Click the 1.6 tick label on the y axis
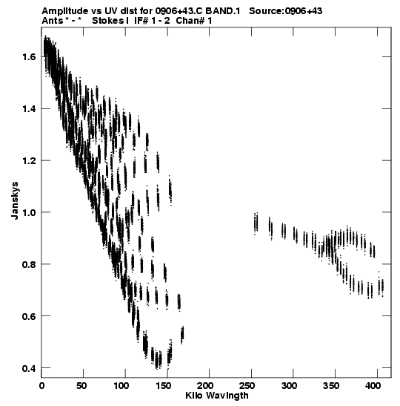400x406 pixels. tap(29, 56)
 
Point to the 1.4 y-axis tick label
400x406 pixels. tap(29, 109)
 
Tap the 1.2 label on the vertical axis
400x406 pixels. tap(29, 160)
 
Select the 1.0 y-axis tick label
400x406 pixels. tap(29, 212)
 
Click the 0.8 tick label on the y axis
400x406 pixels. tap(29, 264)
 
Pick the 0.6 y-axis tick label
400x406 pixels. tap(29, 316)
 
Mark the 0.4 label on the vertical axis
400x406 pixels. tap(29, 368)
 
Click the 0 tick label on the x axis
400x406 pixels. tap(41, 386)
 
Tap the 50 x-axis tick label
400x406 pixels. tap(81, 386)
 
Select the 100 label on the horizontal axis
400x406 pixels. tap(121, 386)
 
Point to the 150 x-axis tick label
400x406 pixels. tap(163, 386)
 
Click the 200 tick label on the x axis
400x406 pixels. tap(205, 386)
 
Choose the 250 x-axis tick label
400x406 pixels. tap(247, 386)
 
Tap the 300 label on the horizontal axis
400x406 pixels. tap(290, 386)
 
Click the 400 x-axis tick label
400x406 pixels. tap(373, 386)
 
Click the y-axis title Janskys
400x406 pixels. tap(15, 200)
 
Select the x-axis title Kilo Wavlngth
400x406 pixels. tap(217, 396)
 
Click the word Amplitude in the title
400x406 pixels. tap(65, 11)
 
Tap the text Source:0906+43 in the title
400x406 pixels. tap(285, 11)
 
